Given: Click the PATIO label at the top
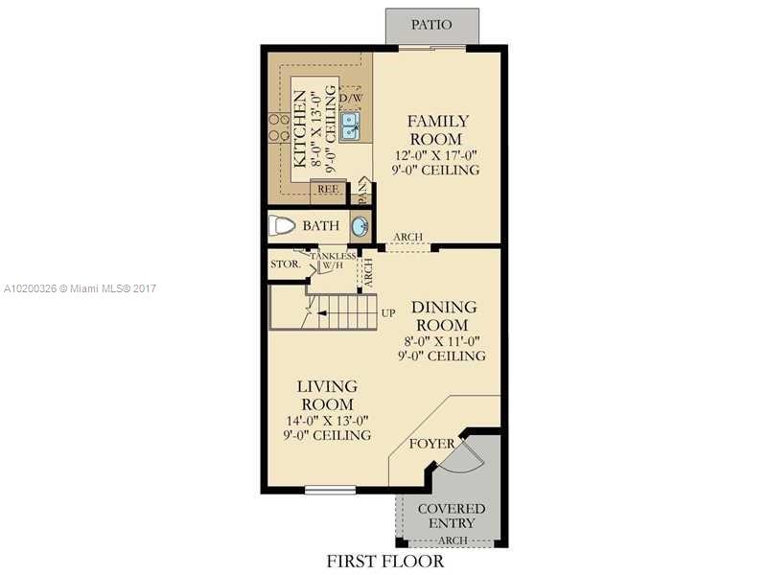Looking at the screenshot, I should click(x=418, y=25).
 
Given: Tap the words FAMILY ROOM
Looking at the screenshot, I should click(x=438, y=129).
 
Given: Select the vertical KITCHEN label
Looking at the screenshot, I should click(x=300, y=128).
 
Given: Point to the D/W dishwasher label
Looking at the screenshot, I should click(x=350, y=97).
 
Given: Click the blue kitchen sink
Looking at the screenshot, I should click(x=350, y=122).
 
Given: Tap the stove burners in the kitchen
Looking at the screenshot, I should click(x=278, y=128).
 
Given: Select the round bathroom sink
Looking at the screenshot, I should click(x=360, y=227).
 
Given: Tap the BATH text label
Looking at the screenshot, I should click(x=320, y=227).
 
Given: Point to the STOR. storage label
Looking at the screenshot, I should click(x=285, y=263).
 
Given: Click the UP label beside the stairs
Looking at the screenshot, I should click(x=388, y=313).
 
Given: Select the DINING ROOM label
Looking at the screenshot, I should click(x=444, y=316).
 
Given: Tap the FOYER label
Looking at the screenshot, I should click(x=431, y=444).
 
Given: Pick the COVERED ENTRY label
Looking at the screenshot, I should click(x=453, y=516).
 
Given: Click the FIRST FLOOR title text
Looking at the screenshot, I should click(x=385, y=561).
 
